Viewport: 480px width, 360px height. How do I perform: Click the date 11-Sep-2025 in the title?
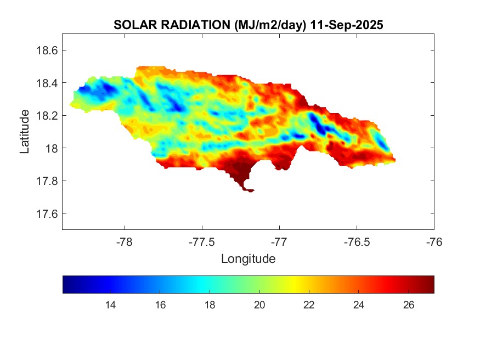tap(346, 25)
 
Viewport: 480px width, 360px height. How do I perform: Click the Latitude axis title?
tap(25, 131)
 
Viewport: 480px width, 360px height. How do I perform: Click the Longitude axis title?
tap(248, 258)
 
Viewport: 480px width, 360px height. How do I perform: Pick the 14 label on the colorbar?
tap(110, 306)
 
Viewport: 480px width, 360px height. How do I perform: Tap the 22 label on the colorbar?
tap(309, 306)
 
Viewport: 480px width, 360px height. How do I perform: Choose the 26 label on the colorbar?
tap(409, 306)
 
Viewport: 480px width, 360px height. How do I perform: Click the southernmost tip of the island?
tap(250, 191)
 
